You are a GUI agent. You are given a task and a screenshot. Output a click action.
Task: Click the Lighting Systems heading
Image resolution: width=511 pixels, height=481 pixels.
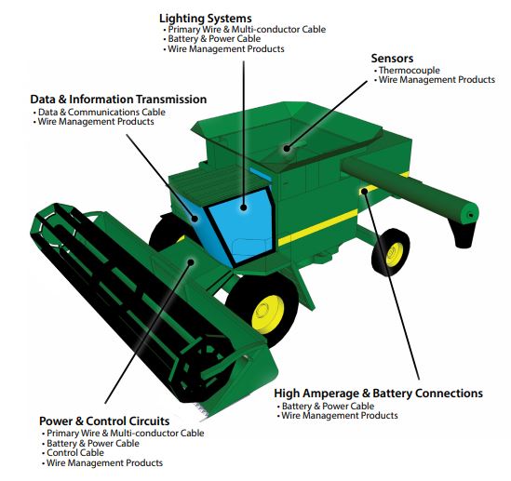point(206,19)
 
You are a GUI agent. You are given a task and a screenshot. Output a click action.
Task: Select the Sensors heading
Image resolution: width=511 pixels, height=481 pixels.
point(392,59)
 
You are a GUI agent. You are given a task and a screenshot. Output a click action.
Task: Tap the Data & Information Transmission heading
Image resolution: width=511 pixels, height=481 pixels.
point(118,100)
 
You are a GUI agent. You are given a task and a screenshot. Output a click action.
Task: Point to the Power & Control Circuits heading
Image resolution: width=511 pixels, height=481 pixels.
point(104,421)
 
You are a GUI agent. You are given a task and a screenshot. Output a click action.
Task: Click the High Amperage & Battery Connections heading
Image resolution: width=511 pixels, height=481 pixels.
point(378,394)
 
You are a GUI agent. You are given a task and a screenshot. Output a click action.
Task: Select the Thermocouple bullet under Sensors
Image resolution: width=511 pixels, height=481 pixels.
point(410,71)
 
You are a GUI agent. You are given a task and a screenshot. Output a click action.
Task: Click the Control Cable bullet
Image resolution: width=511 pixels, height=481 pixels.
point(75,453)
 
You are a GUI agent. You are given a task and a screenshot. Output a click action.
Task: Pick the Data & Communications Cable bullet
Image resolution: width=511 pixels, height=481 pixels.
point(101,113)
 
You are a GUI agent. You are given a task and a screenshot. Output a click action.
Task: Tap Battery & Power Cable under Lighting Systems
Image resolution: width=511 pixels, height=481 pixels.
point(214,39)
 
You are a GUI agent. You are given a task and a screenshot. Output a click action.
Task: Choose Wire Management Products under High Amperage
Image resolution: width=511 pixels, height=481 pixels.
point(340,416)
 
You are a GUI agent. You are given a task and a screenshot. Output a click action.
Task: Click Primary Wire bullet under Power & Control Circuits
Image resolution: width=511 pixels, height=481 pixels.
point(126,434)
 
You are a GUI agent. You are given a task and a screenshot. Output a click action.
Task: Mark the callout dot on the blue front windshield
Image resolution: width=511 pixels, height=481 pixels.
point(244,207)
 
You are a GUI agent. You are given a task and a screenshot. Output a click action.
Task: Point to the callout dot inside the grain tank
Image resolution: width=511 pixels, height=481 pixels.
point(287,149)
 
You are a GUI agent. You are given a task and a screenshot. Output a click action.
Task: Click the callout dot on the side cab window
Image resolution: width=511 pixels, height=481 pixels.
point(195,219)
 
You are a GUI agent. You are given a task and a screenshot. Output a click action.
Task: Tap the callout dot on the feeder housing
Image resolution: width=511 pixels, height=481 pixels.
point(192,262)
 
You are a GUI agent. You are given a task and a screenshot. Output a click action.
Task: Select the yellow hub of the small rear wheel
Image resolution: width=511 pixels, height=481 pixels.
point(395,254)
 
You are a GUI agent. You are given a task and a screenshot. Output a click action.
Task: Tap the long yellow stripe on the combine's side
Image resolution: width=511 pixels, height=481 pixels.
point(317,227)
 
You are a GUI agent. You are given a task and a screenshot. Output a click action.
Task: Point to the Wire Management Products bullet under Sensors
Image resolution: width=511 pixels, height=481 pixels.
point(437,80)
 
